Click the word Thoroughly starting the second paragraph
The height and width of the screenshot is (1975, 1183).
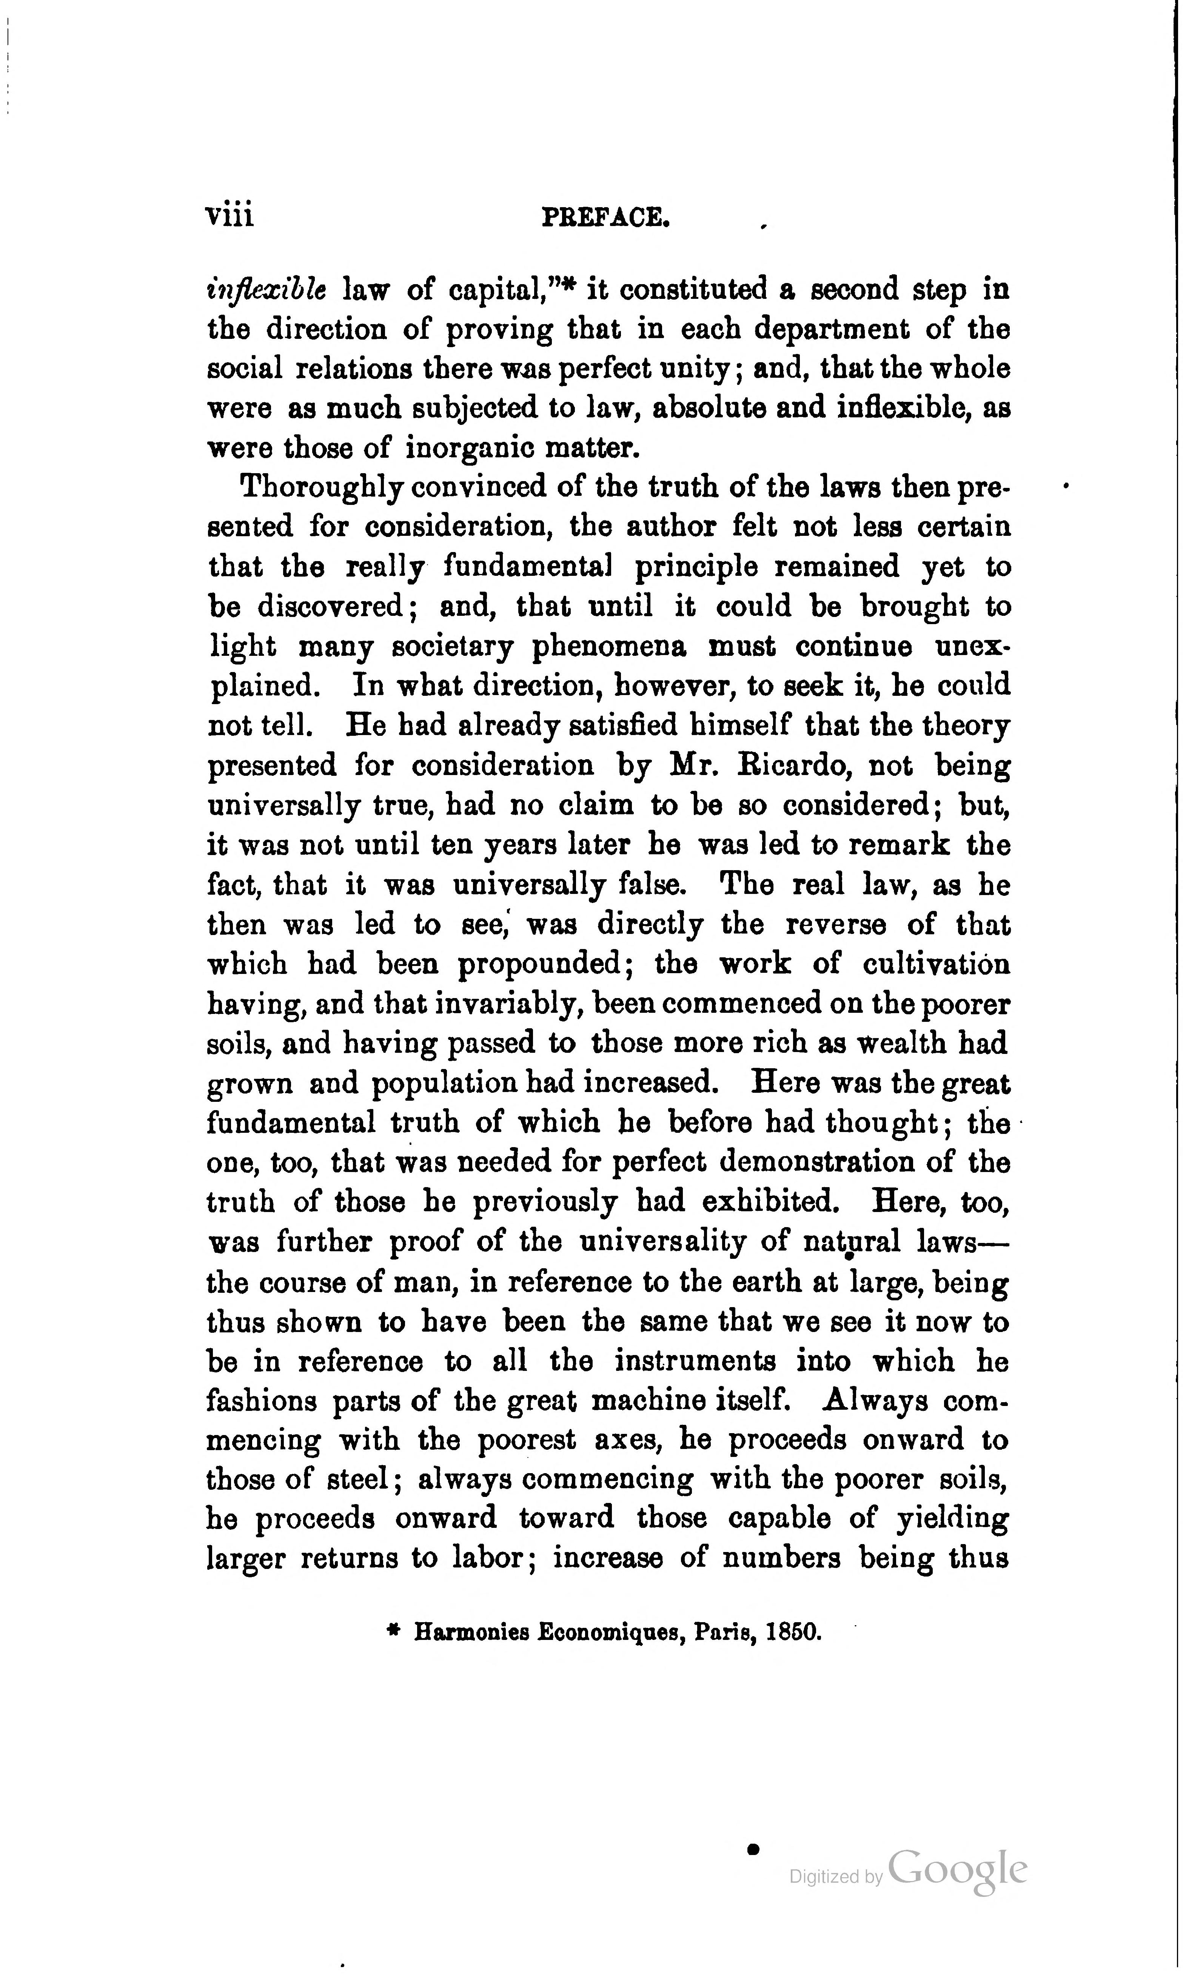(x=321, y=488)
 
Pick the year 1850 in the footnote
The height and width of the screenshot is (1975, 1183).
(x=792, y=1632)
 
